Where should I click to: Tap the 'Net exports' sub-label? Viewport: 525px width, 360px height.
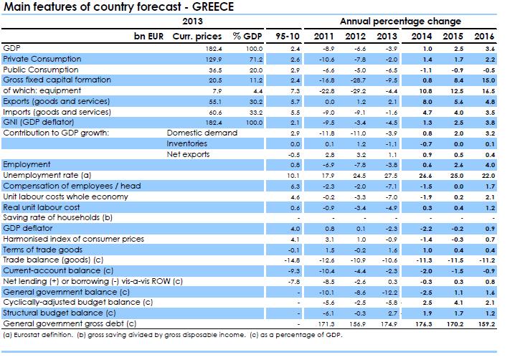186,153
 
